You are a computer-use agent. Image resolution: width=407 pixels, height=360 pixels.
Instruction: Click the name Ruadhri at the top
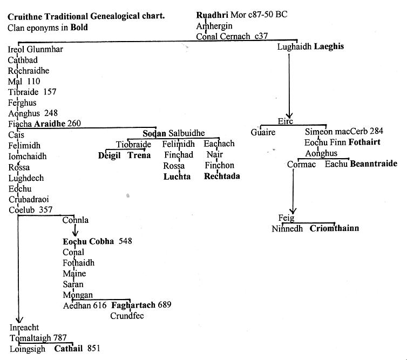[x=212, y=15]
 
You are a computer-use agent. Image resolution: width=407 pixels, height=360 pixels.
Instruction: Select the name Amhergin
[x=214, y=26]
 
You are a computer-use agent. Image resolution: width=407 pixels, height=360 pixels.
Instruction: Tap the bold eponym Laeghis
[x=329, y=47]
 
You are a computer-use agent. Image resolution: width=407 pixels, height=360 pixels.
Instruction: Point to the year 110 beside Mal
[x=33, y=81]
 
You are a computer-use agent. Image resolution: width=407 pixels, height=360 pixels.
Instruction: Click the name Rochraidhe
[x=29, y=71]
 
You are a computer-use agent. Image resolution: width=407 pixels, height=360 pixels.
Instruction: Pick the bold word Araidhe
[x=50, y=124]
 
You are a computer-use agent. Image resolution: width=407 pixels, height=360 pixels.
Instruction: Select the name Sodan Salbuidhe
[x=174, y=133]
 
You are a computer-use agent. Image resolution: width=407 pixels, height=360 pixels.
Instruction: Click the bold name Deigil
[x=109, y=155]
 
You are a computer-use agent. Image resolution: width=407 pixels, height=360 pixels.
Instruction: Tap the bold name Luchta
[x=177, y=176]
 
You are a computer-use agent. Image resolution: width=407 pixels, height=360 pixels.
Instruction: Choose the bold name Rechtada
[x=222, y=176]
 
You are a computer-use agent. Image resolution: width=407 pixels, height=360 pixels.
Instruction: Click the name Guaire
[x=263, y=132]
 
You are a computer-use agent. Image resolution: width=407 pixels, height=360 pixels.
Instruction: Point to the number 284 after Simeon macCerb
[x=377, y=131]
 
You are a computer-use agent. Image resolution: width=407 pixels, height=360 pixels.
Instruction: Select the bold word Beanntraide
[x=374, y=164]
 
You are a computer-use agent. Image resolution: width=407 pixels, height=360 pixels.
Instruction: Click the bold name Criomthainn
[x=334, y=228]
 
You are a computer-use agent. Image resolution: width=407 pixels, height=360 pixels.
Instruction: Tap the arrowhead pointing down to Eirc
[x=289, y=115]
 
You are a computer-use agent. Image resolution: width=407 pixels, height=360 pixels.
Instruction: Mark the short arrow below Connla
[x=75, y=230]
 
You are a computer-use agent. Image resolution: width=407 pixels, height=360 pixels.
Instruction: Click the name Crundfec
[x=127, y=316]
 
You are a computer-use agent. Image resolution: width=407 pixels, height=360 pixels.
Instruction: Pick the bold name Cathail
[x=68, y=348]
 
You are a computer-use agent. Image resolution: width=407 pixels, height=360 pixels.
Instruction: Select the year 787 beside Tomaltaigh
[x=60, y=338]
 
